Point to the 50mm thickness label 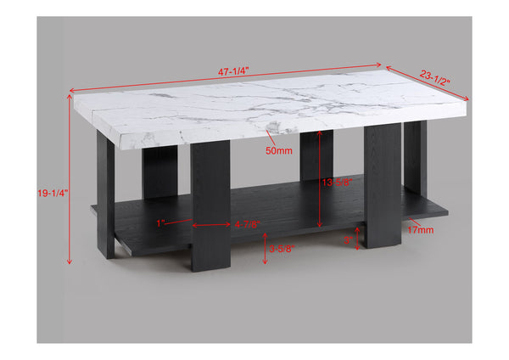[x=278, y=151]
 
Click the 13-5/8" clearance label [x=338, y=182]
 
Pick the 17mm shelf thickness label [x=420, y=229]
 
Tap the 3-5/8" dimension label [x=282, y=250]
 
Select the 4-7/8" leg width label [x=246, y=225]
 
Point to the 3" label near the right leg [x=347, y=240]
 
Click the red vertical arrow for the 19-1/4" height [x=68, y=178]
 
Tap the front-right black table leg [x=383, y=187]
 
